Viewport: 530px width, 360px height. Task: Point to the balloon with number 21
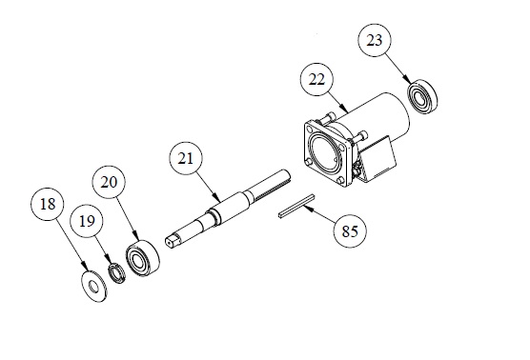pos(186,159)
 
